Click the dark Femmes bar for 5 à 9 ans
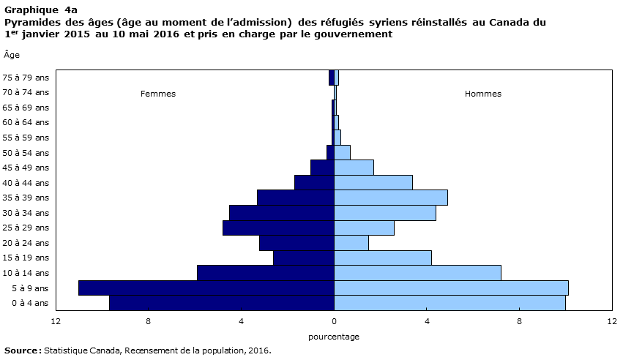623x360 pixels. tap(206, 288)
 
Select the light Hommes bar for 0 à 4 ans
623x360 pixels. tap(449, 303)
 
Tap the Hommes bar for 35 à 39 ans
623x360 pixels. tap(391, 198)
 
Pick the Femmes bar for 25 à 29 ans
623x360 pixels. tap(278, 228)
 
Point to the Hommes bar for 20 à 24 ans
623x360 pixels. tap(351, 243)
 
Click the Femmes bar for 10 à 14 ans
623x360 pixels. tap(266, 273)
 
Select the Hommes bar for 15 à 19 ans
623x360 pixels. tap(383, 258)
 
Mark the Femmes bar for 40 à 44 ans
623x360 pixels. tap(314, 183)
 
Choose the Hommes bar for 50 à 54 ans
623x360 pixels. tap(342, 152)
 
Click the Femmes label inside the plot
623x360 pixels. tap(157, 94)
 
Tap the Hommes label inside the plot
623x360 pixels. tap(482, 94)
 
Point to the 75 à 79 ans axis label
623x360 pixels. tap(26, 78)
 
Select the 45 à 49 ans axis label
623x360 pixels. tap(26, 168)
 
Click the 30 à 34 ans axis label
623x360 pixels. tap(26, 213)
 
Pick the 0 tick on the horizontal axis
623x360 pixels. tap(334, 321)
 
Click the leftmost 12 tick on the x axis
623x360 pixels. tap(56, 321)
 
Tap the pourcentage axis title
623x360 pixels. tap(334, 337)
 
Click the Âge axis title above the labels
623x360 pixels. tap(12, 55)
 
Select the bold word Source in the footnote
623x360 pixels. tap(21, 351)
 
